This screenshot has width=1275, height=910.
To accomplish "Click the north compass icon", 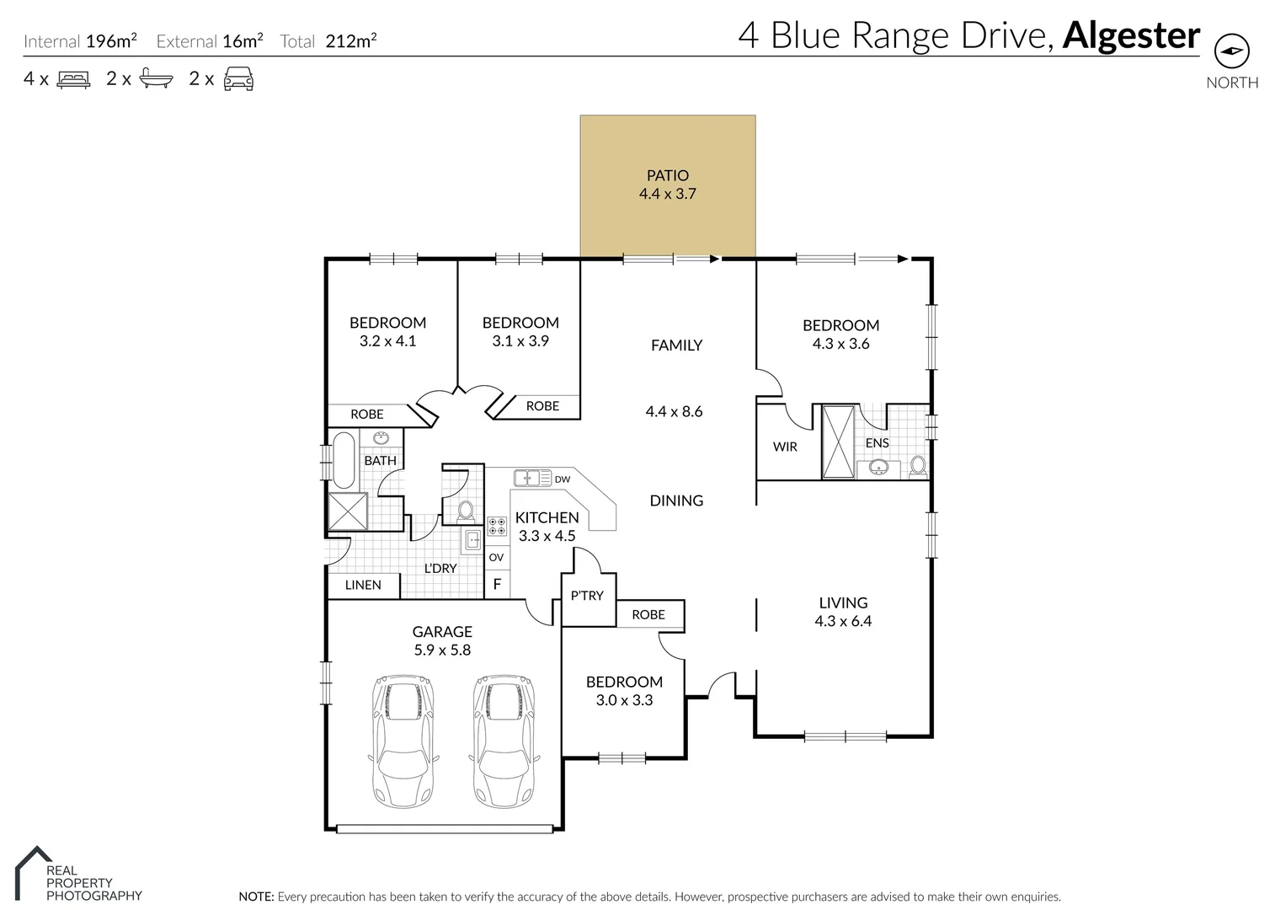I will pos(1232,51).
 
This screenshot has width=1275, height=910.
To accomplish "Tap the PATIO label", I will pos(667,175).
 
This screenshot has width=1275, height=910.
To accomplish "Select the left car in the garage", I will pos(403,741).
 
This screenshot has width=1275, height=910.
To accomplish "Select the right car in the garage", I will pos(504,741).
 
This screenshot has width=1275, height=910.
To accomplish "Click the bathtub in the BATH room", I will pos(344,460).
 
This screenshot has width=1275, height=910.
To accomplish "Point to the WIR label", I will pos(785,447).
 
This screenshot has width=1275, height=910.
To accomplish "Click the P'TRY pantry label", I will pos(587,596).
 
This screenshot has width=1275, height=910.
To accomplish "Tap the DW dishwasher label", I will pos(563,479).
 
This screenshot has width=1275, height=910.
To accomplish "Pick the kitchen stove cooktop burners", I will pos(497,526).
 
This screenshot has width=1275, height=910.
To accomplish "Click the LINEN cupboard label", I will pos(363,585).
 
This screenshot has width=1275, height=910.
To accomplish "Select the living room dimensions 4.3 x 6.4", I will pos(843,621).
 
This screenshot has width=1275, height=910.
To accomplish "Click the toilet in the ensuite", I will pos(918,465).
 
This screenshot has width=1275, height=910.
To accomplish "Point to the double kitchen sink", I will pos(532,478).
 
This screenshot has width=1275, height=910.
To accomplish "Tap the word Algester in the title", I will pos(1131,35).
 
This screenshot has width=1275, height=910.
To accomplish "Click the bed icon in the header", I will pos(73,79).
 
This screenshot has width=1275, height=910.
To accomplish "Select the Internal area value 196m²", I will pos(111,41).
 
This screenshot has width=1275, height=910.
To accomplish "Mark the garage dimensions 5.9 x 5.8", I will pos(442,650).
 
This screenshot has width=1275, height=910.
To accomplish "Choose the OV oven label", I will pos(496,557).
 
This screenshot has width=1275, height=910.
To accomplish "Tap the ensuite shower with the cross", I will pos(839,442).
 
